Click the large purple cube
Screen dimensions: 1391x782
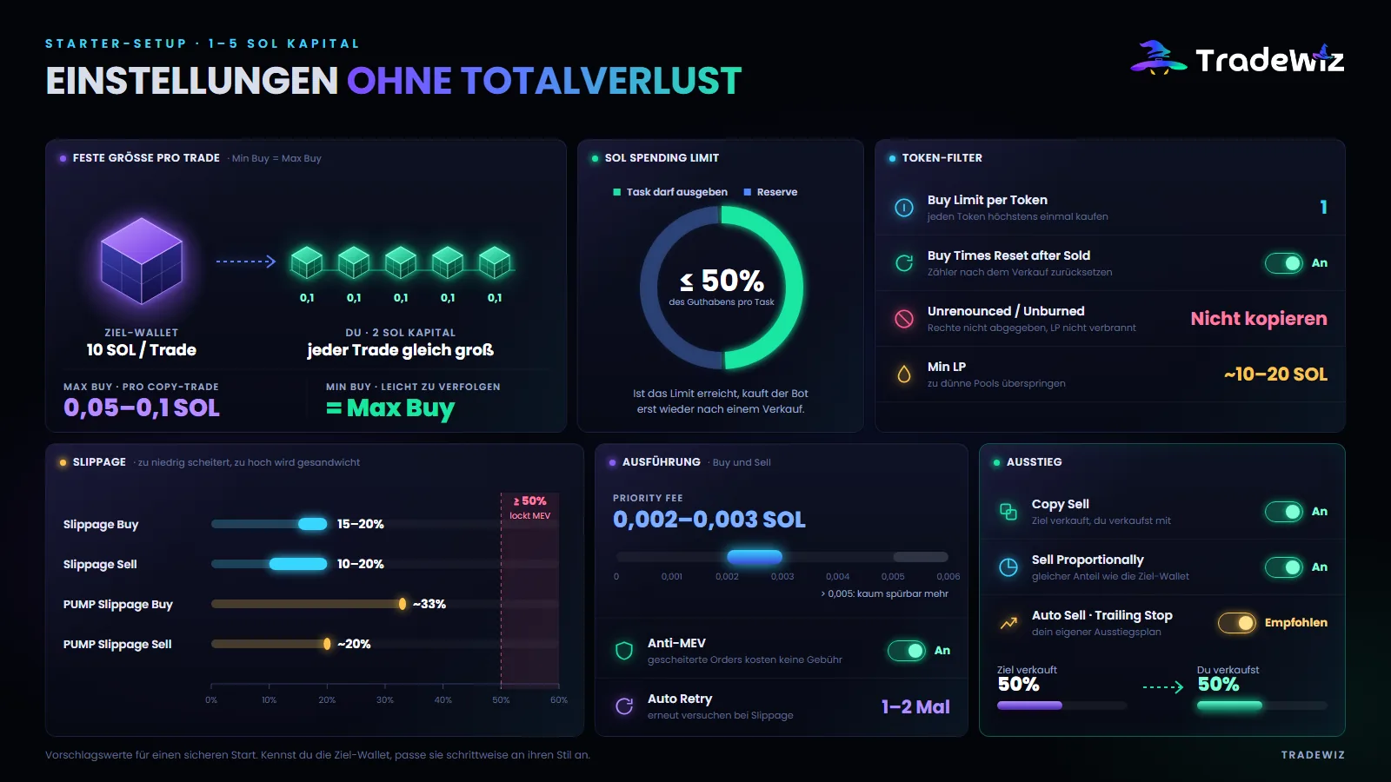point(142,261)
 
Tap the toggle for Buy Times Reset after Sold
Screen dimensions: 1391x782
point(1283,263)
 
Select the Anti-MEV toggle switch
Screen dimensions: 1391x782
point(906,651)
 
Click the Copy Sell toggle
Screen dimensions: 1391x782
point(1283,512)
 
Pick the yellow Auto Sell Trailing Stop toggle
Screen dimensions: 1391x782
point(1236,622)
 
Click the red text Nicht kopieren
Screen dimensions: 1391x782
point(1259,318)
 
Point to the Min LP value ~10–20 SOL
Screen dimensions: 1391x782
point(1275,374)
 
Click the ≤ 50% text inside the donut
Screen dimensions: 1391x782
point(722,282)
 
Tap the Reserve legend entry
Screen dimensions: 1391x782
point(770,192)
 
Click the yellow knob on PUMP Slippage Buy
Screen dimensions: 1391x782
point(403,604)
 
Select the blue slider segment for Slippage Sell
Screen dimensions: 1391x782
point(298,564)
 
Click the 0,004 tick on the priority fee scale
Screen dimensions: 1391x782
point(838,577)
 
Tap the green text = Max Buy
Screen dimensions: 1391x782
point(390,408)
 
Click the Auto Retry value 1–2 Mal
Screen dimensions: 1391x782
point(915,707)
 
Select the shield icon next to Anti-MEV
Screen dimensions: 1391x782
point(624,651)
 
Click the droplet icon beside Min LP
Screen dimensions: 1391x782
point(904,374)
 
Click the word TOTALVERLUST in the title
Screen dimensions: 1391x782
point(601,81)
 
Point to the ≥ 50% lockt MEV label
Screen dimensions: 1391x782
point(529,507)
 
